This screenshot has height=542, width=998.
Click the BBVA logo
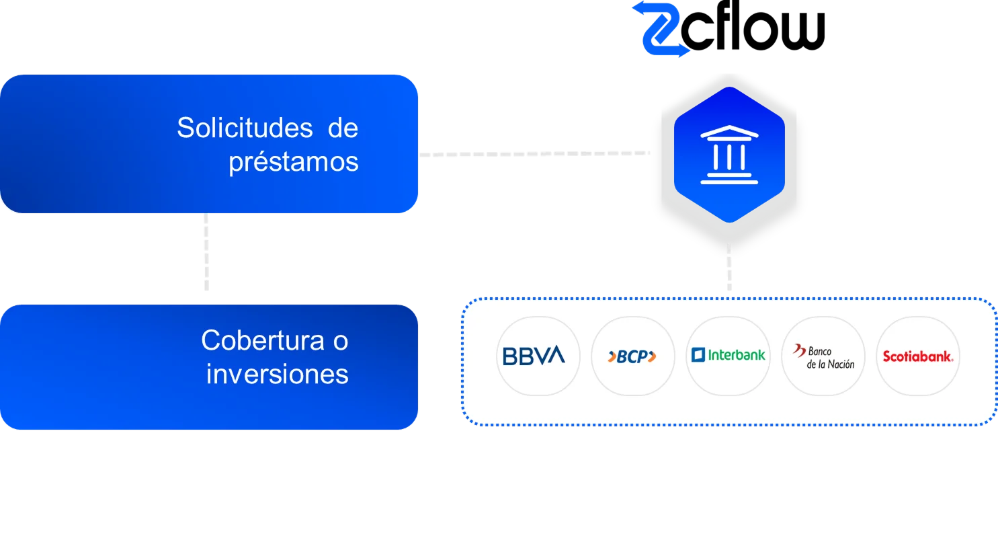click(x=534, y=356)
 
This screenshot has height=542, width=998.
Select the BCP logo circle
click(x=631, y=356)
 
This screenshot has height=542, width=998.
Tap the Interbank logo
click(x=728, y=354)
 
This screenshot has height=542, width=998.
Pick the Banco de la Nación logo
click(x=823, y=356)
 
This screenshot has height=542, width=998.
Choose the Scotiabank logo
click(x=918, y=356)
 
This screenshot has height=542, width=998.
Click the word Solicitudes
click(x=244, y=128)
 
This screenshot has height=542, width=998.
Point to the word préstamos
click(x=293, y=162)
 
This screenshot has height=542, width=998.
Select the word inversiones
click(x=277, y=374)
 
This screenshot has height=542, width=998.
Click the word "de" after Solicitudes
click(x=343, y=128)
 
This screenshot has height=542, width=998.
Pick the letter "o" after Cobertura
click(x=340, y=341)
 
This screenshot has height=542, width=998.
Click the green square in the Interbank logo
click(x=698, y=354)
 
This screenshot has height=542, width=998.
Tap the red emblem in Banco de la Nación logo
click(x=799, y=350)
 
